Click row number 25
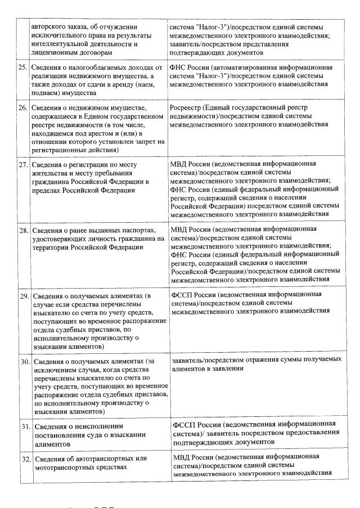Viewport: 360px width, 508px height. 22,68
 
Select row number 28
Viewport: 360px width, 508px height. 22,231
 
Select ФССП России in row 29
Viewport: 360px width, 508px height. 193,294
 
